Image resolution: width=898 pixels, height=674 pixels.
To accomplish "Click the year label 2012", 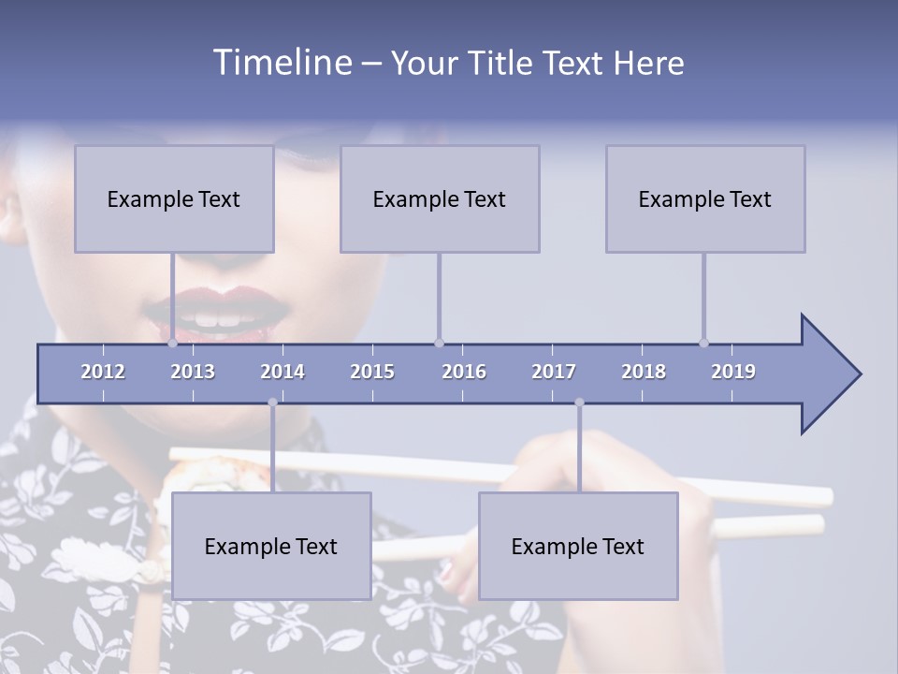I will [103, 372].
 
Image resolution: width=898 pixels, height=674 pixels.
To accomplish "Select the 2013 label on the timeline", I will [193, 372].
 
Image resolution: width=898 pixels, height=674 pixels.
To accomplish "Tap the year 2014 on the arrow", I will [282, 372].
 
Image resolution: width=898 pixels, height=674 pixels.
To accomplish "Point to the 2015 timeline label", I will [372, 372].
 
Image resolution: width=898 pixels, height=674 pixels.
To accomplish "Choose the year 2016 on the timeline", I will [464, 372].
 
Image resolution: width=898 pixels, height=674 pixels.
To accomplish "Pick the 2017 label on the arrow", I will [554, 372].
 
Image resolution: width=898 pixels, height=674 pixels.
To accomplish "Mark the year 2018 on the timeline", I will [644, 372].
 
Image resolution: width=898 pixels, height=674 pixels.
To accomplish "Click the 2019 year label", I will [733, 372].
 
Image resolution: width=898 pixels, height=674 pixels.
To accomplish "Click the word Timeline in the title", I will [282, 63].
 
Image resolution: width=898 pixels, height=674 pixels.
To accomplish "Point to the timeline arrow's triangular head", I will [828, 374].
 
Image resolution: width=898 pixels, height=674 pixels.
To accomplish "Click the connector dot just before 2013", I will [173, 343].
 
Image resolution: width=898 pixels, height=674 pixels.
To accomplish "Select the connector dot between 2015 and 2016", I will [439, 343].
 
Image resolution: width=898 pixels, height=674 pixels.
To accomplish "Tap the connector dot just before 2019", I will [704, 343].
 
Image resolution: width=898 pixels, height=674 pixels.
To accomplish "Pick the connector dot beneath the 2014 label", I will [272, 403].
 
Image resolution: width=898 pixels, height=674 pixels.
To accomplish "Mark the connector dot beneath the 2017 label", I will [579, 403].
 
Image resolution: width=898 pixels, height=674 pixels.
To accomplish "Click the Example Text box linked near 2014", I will [271, 546].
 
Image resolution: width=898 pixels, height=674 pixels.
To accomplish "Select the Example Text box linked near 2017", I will [578, 546].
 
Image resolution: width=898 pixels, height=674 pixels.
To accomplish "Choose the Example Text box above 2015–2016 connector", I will [440, 198].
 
